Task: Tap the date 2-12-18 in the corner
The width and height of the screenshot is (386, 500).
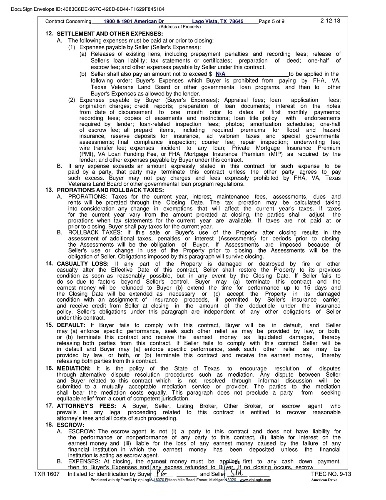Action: pos(330,20)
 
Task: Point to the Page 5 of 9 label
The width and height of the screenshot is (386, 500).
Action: pos(272,21)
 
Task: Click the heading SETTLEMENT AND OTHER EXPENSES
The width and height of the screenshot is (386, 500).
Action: pos(110,34)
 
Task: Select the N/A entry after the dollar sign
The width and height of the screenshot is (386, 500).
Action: pos(221,74)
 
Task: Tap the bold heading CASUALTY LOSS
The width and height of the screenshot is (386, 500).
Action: pos(83,264)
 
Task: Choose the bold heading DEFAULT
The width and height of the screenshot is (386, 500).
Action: pos(71,325)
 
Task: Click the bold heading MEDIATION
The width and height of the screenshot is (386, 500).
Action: pos(73,368)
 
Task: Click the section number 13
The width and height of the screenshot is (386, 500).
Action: pos(49,190)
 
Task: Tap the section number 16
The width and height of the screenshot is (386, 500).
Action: pos(49,368)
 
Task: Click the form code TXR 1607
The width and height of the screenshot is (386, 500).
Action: pos(47,474)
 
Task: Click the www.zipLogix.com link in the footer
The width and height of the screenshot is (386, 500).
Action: pos(255,480)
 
